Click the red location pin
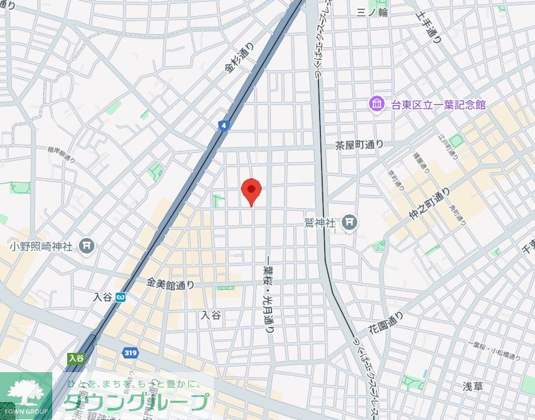pos(251,190)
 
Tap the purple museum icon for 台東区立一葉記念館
pos(377,104)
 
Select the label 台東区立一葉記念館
pos(437,105)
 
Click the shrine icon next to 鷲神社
pos(350,222)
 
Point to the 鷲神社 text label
pos(321,222)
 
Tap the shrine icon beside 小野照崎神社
pos(87,246)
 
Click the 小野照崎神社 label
pos(42,246)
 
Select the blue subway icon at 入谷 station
pos(120,297)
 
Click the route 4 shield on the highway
pos(223,126)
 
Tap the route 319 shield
pos(130,353)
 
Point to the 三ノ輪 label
pos(372,12)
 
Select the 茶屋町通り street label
pos(359,145)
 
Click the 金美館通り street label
pos(170,284)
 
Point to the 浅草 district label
pos(473,386)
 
